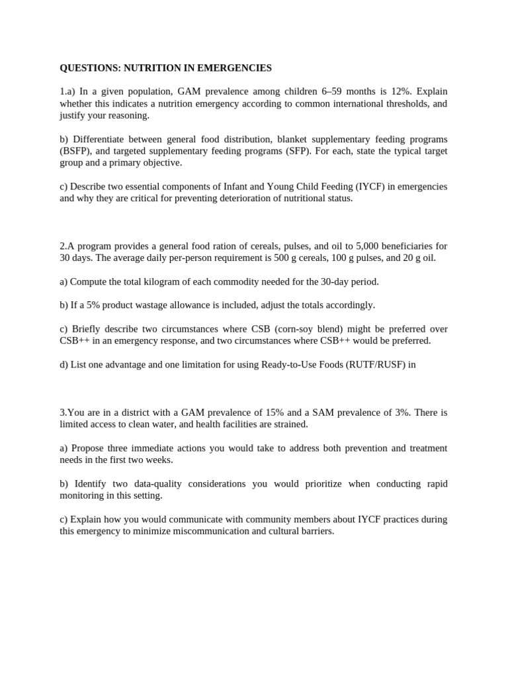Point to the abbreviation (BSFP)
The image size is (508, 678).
pos(75,151)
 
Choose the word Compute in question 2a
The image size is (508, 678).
pos(88,282)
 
